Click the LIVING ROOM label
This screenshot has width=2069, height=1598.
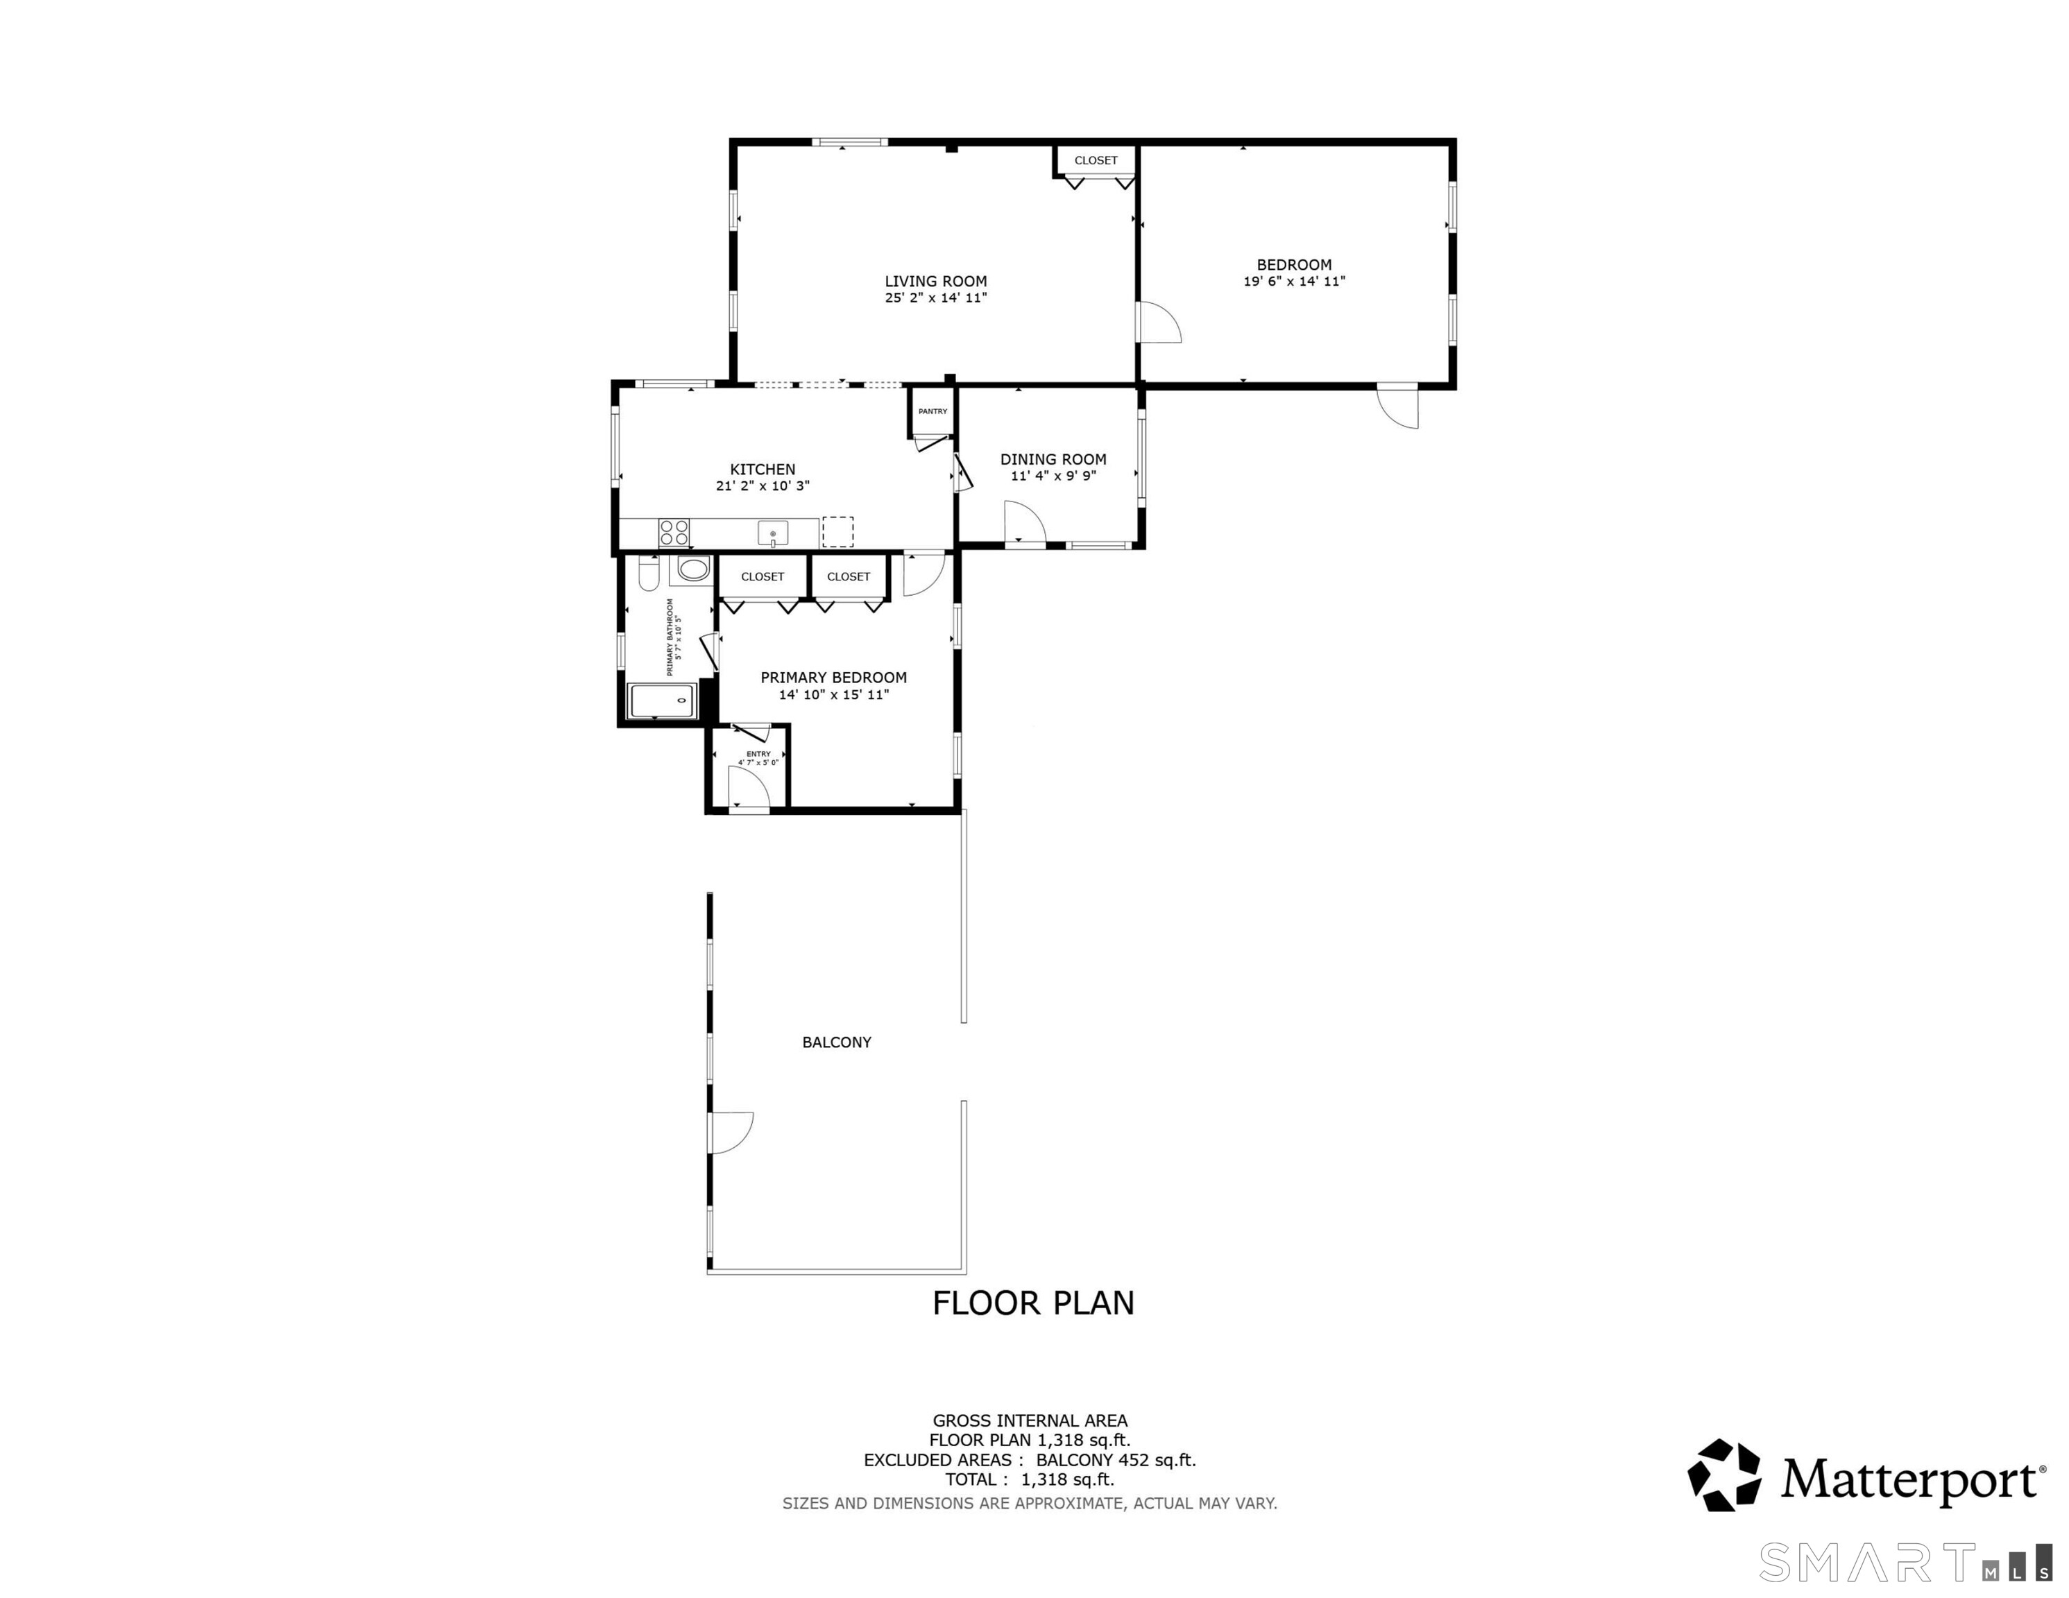coord(936,282)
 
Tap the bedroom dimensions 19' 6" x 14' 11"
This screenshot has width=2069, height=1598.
coord(1294,282)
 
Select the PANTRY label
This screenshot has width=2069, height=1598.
coord(933,411)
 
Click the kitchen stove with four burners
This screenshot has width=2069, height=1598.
coord(674,533)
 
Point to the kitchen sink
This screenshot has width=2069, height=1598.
coord(773,533)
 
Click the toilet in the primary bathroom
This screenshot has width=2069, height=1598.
coord(649,572)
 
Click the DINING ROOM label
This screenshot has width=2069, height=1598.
coord(1053,459)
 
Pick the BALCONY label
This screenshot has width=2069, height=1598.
coord(837,1042)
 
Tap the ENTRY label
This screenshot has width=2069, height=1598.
coord(759,754)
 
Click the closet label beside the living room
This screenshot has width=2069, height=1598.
coord(1096,160)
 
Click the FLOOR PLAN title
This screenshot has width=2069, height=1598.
coord(1034,1303)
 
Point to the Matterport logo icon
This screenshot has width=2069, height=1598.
coord(1725,1475)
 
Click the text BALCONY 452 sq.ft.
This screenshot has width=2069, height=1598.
coord(1116,1460)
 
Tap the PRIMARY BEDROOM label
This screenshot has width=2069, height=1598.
coord(834,678)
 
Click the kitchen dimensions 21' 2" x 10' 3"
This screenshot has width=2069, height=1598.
coord(763,486)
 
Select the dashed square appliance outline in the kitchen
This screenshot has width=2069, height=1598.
coord(837,531)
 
